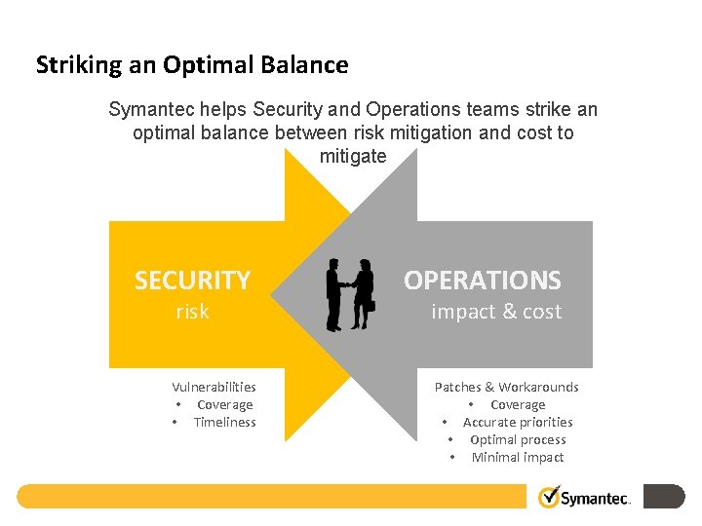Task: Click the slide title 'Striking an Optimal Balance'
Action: tap(192, 65)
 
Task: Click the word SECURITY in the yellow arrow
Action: tap(192, 281)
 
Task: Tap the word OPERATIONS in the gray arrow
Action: tap(483, 281)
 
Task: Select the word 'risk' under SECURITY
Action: tap(192, 312)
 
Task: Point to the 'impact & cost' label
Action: tap(496, 312)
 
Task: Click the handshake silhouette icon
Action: tap(349, 294)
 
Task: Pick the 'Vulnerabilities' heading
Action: tap(214, 387)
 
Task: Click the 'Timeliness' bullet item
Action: tap(224, 422)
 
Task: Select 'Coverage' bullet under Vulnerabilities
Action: tap(224, 404)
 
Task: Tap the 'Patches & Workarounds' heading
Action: tap(506, 387)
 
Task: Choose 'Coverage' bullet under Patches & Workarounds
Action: tap(518, 404)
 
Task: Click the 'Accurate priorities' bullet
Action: tap(518, 422)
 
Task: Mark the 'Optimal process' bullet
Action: tap(518, 439)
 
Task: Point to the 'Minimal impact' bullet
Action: tap(518, 457)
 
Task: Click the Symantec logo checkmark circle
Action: tap(550, 497)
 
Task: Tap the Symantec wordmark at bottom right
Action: tap(596, 499)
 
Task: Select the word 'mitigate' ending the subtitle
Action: tap(353, 157)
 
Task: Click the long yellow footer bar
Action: tap(273, 496)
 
